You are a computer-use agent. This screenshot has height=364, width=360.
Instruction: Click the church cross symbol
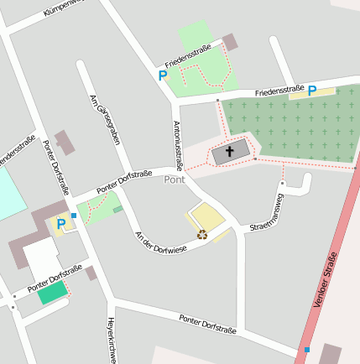230,152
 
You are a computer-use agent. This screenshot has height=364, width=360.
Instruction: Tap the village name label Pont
175,179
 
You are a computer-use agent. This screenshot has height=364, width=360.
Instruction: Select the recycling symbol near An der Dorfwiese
201,235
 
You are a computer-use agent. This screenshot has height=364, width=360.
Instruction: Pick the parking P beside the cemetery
311,91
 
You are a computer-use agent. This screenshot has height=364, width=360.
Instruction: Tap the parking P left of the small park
163,75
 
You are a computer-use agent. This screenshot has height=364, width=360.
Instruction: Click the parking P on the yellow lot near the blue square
60,224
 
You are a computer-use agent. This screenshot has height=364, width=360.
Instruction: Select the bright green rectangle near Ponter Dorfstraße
52,293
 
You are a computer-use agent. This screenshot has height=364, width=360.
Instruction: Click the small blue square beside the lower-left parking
74,216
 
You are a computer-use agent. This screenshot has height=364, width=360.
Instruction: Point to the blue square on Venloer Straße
307,349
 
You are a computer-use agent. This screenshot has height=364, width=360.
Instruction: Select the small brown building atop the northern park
229,42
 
